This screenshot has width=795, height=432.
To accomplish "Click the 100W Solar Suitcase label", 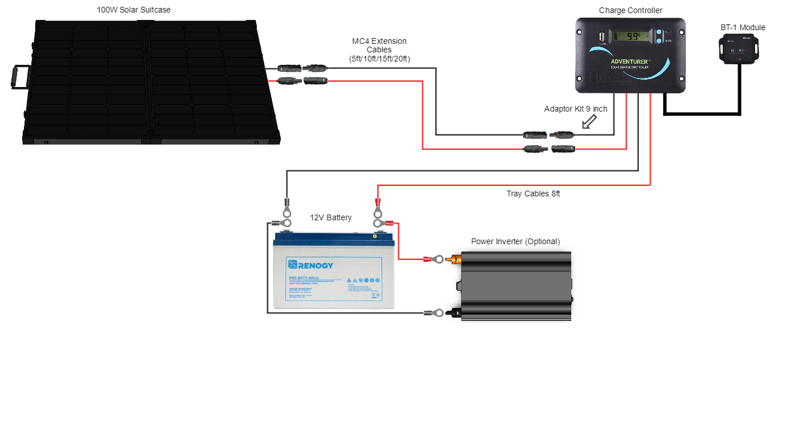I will (134, 10).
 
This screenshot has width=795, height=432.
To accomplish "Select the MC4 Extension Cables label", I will (379, 50).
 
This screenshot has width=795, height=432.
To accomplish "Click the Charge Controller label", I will (630, 11).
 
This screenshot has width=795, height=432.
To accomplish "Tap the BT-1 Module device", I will (739, 48).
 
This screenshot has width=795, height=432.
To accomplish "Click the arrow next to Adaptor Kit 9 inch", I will (589, 121).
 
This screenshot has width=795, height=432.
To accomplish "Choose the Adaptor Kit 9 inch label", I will (575, 109).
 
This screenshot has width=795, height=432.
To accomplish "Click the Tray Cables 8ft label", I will (533, 194).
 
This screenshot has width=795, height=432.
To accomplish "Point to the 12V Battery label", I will (330, 217).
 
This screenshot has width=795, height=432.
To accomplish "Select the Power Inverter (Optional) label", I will (515, 241).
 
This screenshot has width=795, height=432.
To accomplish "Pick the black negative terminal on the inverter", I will (456, 312).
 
